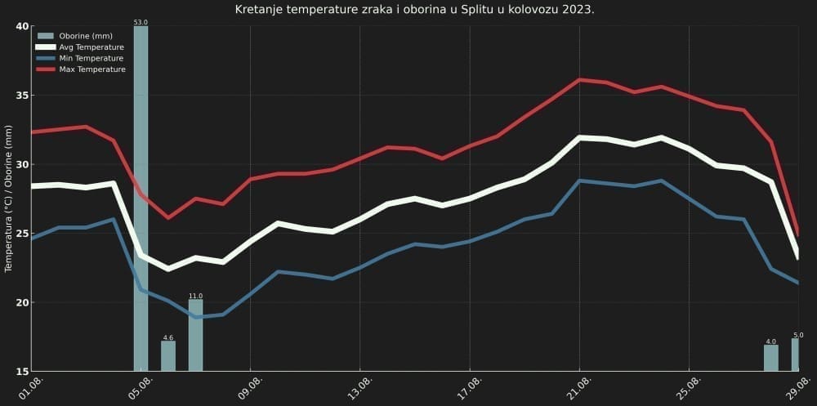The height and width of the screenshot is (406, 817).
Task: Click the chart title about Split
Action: (414, 10)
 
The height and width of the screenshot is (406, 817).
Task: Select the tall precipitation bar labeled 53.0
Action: (141, 196)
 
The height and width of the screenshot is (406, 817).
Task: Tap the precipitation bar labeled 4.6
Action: (168, 355)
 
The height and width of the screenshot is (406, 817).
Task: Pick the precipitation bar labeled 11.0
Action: (195, 335)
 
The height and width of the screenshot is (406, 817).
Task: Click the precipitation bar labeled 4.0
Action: (770, 358)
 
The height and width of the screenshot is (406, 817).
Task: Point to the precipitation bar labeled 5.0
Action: (796, 354)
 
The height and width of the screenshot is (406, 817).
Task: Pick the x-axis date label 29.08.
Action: (797, 386)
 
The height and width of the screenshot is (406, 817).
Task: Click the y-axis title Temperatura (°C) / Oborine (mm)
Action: (9, 199)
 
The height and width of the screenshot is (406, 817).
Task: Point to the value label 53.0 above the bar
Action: (141, 21)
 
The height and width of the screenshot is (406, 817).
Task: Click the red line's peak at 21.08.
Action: (579, 79)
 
